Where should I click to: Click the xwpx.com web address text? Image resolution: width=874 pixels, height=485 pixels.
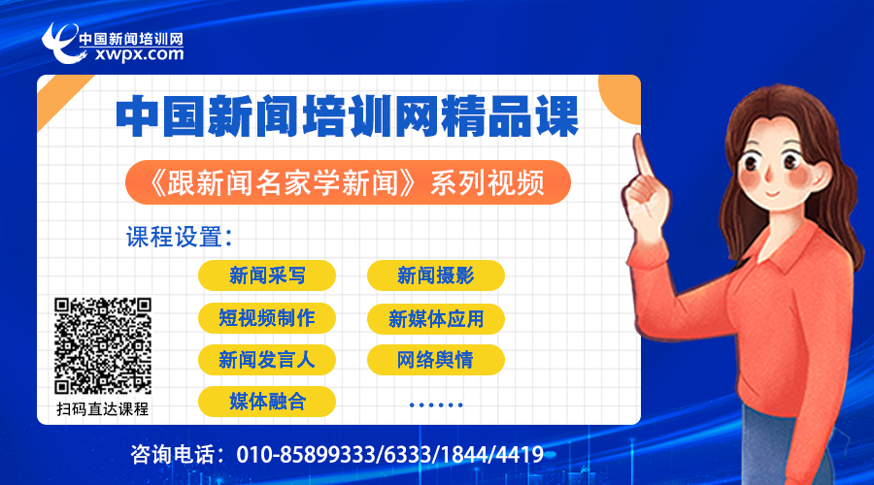(x=139, y=54)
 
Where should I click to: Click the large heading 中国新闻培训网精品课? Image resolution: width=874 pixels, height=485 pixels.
(x=348, y=116)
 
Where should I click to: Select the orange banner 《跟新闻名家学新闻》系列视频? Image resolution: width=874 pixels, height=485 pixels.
(x=348, y=182)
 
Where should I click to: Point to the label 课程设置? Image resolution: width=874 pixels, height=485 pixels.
(x=179, y=238)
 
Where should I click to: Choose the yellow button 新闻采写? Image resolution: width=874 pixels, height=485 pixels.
(x=267, y=275)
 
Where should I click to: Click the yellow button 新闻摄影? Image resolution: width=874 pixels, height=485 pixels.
(x=436, y=275)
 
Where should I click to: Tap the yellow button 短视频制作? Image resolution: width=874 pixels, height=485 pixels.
(x=267, y=318)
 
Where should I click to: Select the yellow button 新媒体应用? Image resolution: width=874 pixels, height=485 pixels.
(x=436, y=318)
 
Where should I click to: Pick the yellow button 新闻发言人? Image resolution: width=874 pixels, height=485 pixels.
(x=267, y=360)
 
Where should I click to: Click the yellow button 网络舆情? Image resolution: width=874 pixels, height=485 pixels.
(x=436, y=360)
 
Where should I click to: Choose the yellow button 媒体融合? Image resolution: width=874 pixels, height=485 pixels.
(x=267, y=402)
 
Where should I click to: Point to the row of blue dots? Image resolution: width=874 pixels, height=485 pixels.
(x=436, y=404)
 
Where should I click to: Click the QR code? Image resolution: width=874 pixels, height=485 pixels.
(x=103, y=345)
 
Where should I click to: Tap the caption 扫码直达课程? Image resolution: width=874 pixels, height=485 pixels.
(x=103, y=409)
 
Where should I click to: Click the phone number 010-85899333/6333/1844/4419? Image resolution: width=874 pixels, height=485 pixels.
(x=389, y=455)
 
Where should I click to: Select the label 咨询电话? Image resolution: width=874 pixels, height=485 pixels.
(x=174, y=455)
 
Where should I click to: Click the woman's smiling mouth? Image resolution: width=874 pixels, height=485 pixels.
(x=773, y=193)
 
